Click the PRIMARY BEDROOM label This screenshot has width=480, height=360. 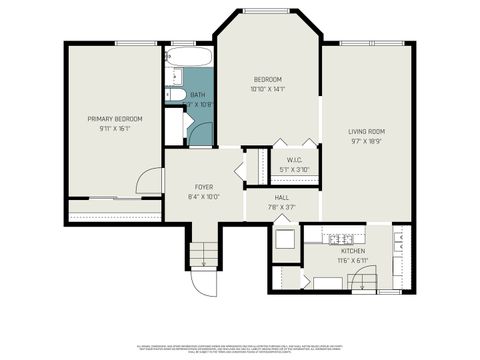(x=115, y=119)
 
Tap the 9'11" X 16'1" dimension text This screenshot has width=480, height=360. (x=115, y=128)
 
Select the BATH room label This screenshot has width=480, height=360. (x=197, y=95)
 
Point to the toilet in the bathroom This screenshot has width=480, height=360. (x=174, y=95)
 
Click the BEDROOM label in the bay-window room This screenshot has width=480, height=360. (x=267, y=80)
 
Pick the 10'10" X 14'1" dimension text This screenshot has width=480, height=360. (x=267, y=89)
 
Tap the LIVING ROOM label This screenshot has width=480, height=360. (x=367, y=132)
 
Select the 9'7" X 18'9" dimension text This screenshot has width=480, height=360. (x=367, y=141)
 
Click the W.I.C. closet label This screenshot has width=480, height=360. (x=294, y=160)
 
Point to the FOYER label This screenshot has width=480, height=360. (x=203, y=187)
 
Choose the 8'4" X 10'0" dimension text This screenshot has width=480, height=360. (x=203, y=196)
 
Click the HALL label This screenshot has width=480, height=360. (x=282, y=198)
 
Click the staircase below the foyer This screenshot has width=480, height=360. (x=203, y=253)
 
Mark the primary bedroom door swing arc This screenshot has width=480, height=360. (x=149, y=181)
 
